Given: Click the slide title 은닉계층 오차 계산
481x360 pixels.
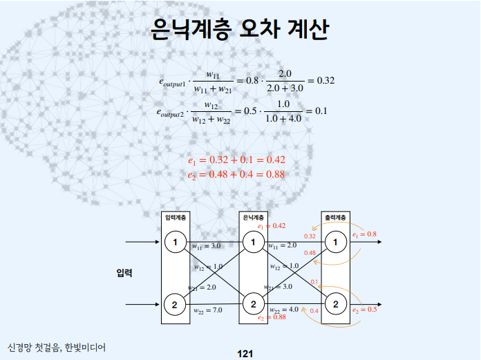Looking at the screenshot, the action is [x=239, y=29].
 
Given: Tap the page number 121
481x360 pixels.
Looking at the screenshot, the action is [x=245, y=354].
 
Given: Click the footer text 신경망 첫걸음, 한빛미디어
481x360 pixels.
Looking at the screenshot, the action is [x=57, y=345].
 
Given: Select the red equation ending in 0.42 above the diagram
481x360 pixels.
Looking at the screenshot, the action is [x=236, y=160].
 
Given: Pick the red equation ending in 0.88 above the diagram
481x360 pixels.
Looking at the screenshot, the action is [x=236, y=175].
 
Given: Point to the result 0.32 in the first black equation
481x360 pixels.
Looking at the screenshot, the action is [x=321, y=81].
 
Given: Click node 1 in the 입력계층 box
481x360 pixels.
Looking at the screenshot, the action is [x=176, y=242].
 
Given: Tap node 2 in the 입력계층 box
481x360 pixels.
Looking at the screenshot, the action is [x=176, y=304].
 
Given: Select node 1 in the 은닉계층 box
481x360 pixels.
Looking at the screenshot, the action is [x=254, y=242].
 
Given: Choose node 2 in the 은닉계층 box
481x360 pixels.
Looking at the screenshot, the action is [x=254, y=304].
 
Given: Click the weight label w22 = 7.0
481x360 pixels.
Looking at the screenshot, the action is [x=207, y=310].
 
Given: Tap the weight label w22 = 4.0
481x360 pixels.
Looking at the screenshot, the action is [x=284, y=310].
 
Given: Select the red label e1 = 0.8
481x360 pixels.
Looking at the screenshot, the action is [x=364, y=235].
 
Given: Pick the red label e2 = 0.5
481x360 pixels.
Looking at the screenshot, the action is [x=364, y=310].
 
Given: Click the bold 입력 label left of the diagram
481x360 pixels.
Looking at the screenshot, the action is [x=124, y=273].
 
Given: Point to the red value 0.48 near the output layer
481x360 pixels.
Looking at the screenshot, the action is [x=310, y=253].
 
